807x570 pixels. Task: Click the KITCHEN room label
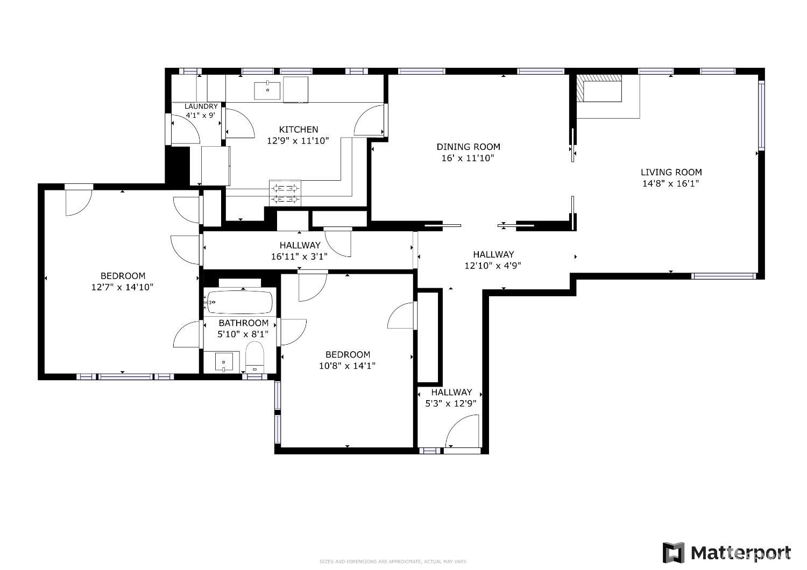tap(298, 130)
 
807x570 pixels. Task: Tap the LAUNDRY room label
tap(201, 106)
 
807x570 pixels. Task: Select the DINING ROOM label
tap(468, 147)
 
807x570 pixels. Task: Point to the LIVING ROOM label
tap(671, 172)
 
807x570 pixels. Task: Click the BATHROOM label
tap(243, 323)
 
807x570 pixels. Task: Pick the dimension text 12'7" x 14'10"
tap(123, 287)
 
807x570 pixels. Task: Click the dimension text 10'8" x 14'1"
tap(348, 366)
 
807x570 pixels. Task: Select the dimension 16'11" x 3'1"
tap(299, 256)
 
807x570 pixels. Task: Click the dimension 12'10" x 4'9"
tap(493, 265)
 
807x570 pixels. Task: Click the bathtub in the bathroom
tap(240, 302)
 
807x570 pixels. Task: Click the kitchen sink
tap(267, 90)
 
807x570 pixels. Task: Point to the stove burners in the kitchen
tap(285, 193)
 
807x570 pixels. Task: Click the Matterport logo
tap(727, 552)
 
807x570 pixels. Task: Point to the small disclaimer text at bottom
tap(393, 561)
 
